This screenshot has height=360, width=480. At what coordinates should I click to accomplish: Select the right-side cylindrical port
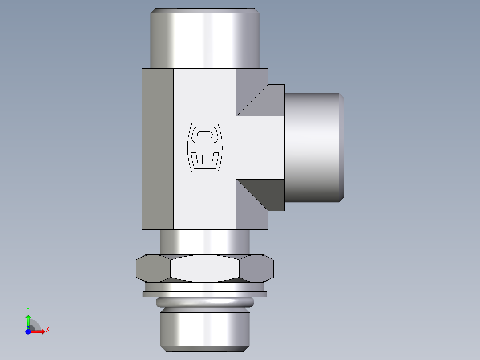pyautogui.click(x=312, y=147)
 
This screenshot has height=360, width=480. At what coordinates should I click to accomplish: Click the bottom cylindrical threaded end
pyautogui.click(x=204, y=330)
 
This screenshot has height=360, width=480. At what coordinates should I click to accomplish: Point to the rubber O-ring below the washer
pyautogui.click(x=204, y=303)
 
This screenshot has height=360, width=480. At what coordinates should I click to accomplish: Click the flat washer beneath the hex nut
pyautogui.click(x=204, y=294)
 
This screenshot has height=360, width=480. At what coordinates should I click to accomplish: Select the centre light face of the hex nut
pyautogui.click(x=204, y=269)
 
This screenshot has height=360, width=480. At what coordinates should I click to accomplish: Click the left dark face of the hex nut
pyautogui.click(x=152, y=269)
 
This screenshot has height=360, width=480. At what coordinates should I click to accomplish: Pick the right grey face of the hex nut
pyautogui.click(x=257, y=269)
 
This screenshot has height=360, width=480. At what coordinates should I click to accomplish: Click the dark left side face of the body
pyautogui.click(x=157, y=149)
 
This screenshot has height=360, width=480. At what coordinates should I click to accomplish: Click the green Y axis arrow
pyautogui.click(x=28, y=319)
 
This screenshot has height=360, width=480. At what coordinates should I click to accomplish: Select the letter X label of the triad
pyautogui.click(x=47, y=330)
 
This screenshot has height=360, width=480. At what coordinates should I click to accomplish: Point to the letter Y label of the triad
pyautogui.click(x=28, y=309)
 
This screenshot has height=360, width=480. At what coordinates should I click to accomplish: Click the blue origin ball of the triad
pyautogui.click(x=28, y=331)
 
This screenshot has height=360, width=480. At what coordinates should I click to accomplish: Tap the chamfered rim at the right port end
pyautogui.click(x=342, y=147)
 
